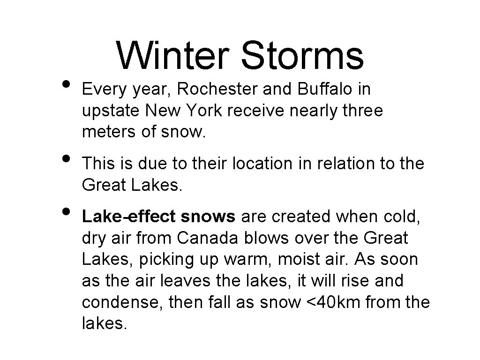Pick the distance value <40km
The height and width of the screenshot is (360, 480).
(333, 302)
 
